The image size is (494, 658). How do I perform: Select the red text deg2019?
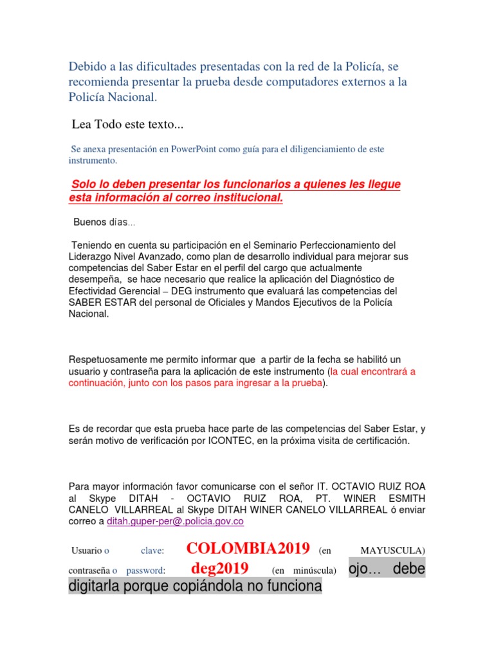[219, 569]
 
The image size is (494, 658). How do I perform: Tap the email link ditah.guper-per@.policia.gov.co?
[175, 522]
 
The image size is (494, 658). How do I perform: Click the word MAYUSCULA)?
[393, 550]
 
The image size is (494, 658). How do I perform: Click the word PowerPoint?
[196, 149]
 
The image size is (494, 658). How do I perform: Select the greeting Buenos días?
[104, 222]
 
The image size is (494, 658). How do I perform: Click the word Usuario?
[86, 550]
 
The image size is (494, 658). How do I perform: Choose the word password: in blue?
[145, 570]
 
